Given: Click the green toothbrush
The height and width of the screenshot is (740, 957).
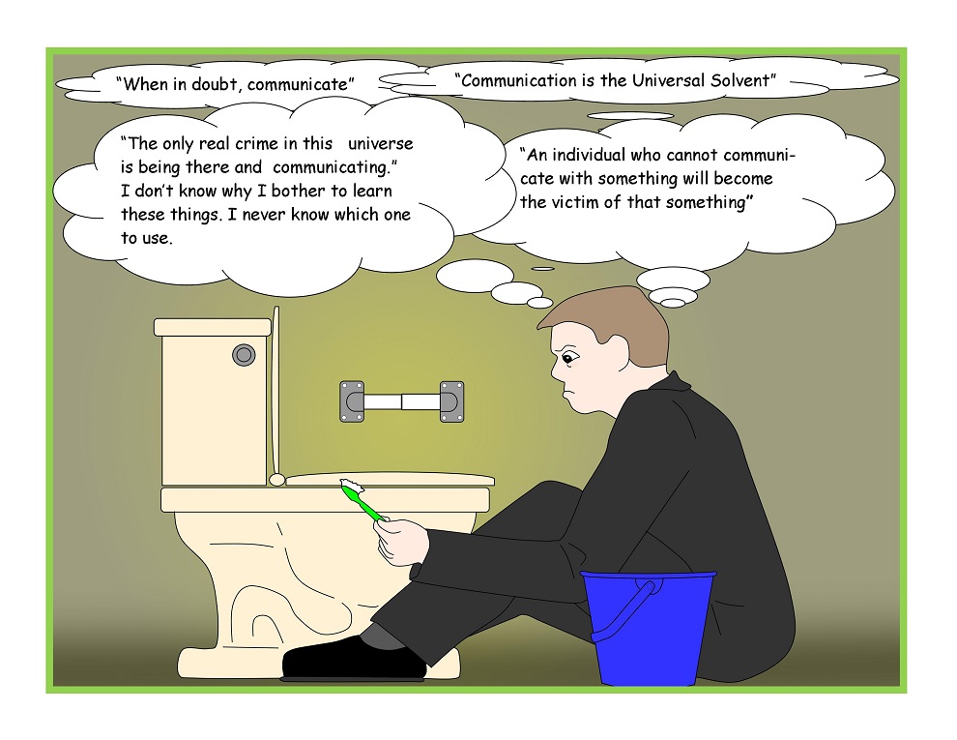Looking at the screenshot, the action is point(363,501).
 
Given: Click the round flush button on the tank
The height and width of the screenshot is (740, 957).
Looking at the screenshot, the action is point(244,355).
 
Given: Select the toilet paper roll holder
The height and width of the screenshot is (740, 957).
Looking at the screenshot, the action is point(401,401).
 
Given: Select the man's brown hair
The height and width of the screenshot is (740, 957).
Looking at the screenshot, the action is point(610,327).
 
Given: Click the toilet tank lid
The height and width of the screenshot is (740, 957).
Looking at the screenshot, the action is point(213,327).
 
